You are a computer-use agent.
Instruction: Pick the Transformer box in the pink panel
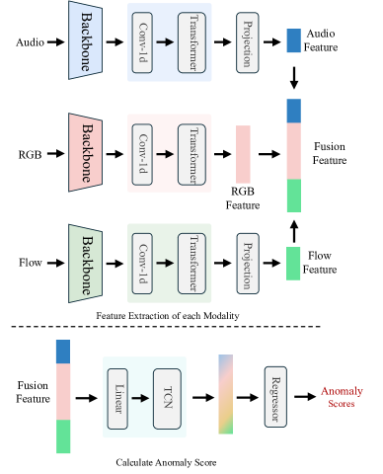(191, 153)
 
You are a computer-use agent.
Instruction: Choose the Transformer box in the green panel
(191, 264)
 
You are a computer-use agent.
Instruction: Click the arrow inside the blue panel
(166, 42)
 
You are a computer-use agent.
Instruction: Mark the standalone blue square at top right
(293, 40)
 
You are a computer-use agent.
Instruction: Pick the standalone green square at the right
(293, 264)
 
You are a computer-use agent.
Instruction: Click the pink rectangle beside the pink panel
(243, 154)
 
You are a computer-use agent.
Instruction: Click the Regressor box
(274, 397)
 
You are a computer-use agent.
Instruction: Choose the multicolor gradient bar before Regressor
(225, 395)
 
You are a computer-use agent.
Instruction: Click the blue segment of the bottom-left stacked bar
(63, 352)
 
